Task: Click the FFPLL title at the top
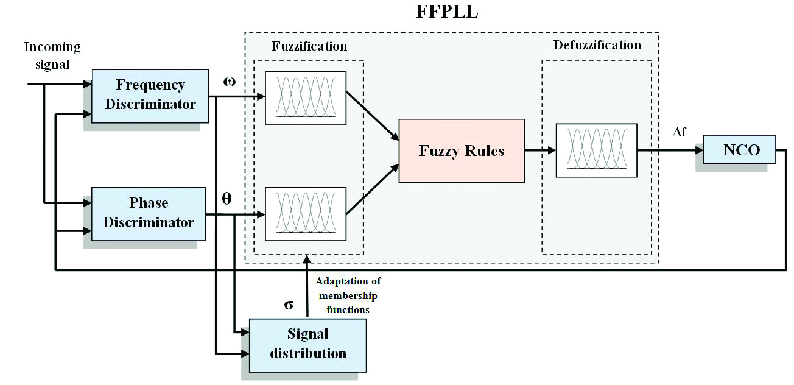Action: pos(447,12)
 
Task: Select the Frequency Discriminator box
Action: pos(150,95)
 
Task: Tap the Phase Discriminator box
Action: pos(149,213)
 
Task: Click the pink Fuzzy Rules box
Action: pos(462,150)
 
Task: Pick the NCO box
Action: pos(740,150)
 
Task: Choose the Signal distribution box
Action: pos(307,344)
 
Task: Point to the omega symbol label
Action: pos(230,82)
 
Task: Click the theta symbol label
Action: pos(227,199)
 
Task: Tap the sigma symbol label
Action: pos(289,304)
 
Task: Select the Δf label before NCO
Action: pos(680,132)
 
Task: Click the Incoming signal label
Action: pos(52,55)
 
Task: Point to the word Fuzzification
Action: pos(309,46)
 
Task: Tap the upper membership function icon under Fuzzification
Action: pos(305,98)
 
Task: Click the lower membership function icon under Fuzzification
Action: pos(305,214)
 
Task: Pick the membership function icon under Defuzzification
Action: pos(596,150)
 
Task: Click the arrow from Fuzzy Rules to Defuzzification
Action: pos(539,150)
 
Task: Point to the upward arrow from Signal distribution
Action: pos(307,286)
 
